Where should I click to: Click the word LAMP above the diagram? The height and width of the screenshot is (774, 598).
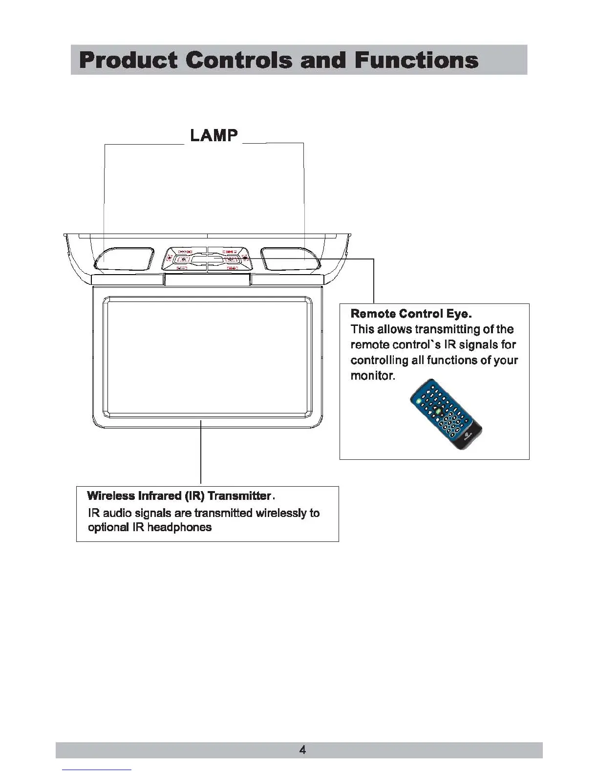pyautogui.click(x=214, y=135)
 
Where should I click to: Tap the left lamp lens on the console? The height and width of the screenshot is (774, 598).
pyautogui.click(x=125, y=258)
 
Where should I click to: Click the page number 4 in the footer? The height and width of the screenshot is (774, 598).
pyautogui.click(x=302, y=750)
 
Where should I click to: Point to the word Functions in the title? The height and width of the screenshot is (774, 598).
pyautogui.click(x=416, y=60)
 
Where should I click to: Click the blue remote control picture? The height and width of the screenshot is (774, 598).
pyautogui.click(x=446, y=414)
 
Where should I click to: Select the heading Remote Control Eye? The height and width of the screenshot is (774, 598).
pyautogui.click(x=411, y=313)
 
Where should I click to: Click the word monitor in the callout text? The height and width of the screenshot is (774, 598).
pyautogui.click(x=372, y=376)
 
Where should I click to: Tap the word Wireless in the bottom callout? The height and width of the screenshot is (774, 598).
pyautogui.click(x=110, y=496)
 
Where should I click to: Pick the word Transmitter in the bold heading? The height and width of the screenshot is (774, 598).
pyautogui.click(x=239, y=496)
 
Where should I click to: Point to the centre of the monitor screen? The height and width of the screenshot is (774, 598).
pyautogui.click(x=207, y=357)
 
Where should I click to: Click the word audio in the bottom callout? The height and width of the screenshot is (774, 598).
pyautogui.click(x=117, y=513)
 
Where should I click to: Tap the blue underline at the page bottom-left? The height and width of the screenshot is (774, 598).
pyautogui.click(x=97, y=770)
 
